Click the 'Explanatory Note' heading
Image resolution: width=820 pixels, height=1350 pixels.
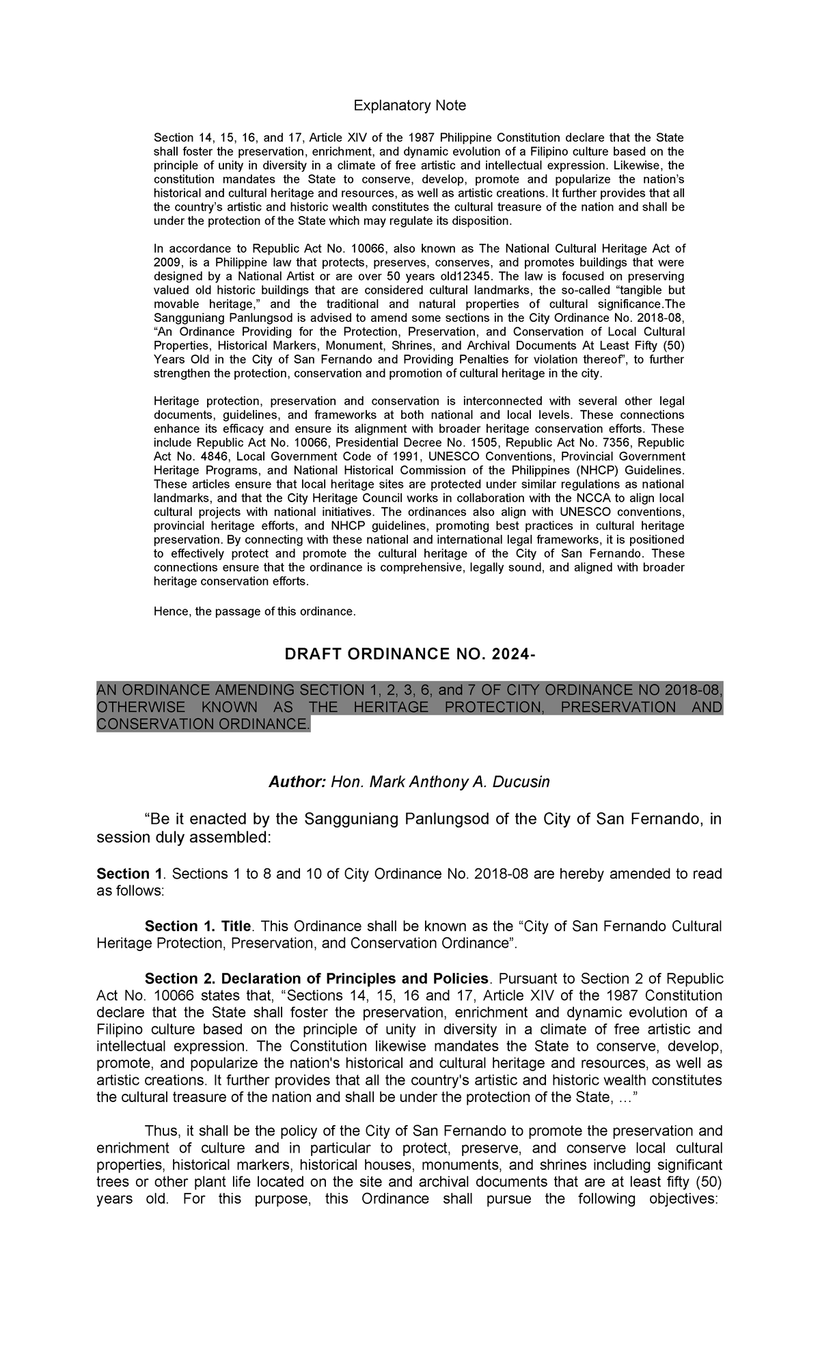pyautogui.click(x=409, y=105)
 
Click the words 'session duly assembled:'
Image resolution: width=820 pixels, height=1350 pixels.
pyautogui.click(x=184, y=838)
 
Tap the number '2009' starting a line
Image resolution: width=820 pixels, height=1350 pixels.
pyautogui.click(x=167, y=262)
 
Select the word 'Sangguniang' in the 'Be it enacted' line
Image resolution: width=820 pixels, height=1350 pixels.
pyautogui.click(x=345, y=821)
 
